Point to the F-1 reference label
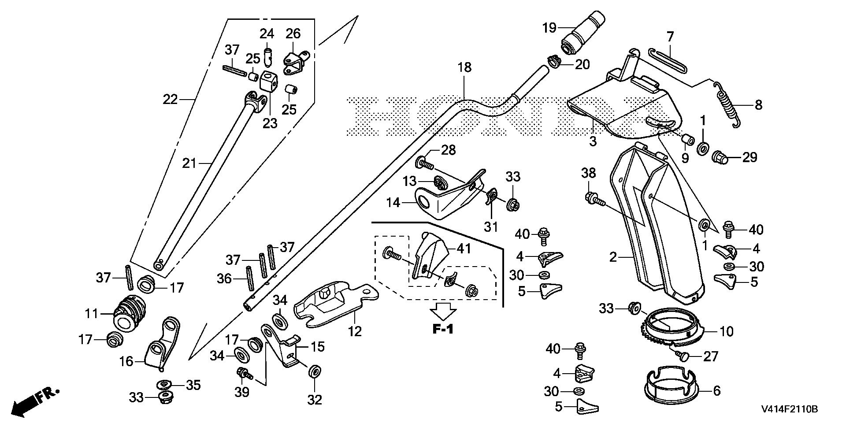pyautogui.click(x=442, y=329)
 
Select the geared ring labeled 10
pyautogui.click(x=670, y=334)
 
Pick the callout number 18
pyautogui.click(x=464, y=68)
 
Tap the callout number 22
pyautogui.click(x=170, y=100)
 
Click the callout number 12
pyautogui.click(x=355, y=330)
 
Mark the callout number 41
pyautogui.click(x=464, y=249)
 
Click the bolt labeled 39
pyautogui.click(x=244, y=374)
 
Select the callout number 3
pyautogui.click(x=593, y=141)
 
